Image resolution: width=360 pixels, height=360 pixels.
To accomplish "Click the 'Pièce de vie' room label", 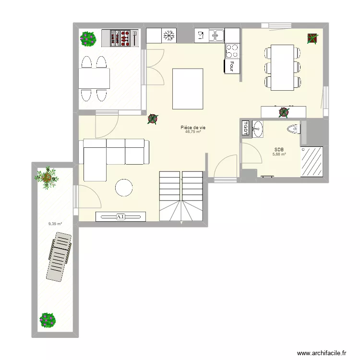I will point(193,127).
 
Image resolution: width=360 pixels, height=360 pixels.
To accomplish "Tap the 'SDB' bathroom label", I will point(279,149).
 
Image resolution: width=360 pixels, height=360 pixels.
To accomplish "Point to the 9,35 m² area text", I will point(55,224).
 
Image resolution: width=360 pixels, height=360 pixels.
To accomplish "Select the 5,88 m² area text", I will point(279,154).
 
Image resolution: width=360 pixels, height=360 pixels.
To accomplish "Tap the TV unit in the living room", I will point(120,217).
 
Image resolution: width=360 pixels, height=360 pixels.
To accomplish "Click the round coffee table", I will point(124,188).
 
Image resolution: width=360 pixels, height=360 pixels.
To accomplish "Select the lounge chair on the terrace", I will point(59,256).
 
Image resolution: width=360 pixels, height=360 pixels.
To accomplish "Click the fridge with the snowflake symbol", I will point(168,36).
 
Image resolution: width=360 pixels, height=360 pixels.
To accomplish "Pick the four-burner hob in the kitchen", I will point(232,50).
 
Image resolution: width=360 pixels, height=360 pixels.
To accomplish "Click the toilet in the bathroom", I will point(294,129).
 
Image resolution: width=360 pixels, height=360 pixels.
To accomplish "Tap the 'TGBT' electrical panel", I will point(245,129).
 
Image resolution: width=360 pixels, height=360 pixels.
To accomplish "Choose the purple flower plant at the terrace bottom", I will point(48,320).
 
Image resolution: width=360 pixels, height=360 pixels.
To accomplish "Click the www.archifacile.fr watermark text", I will point(322,353).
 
